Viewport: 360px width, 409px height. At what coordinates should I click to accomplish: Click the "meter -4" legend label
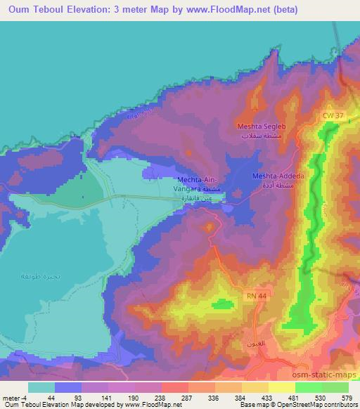click(15, 396)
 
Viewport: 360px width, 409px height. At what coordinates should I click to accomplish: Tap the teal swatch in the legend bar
click(41, 387)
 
